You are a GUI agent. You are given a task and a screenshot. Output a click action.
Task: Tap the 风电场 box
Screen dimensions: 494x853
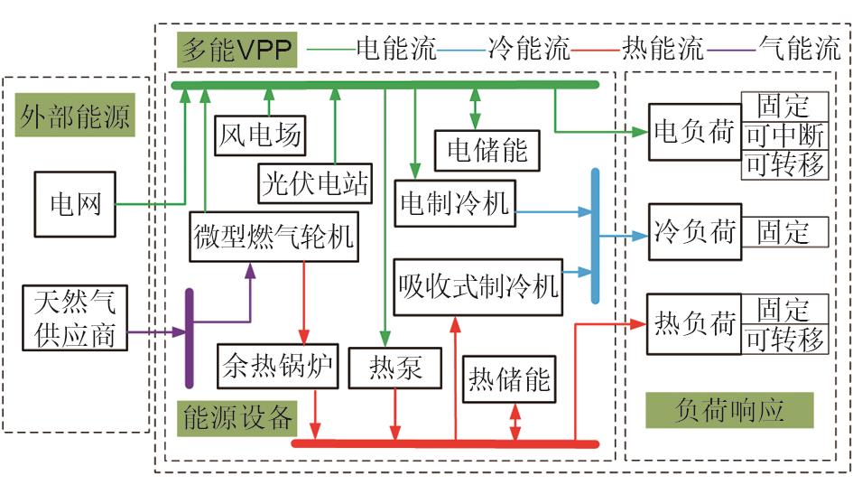tap(260, 137)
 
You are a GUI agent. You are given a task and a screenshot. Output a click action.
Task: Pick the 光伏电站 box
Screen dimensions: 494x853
tap(314, 183)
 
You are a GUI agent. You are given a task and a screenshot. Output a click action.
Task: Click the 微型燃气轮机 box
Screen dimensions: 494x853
tap(274, 238)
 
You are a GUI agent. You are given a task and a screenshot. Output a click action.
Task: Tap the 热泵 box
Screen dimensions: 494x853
tap(395, 368)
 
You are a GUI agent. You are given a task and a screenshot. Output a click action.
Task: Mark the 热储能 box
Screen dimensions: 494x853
tap(508, 378)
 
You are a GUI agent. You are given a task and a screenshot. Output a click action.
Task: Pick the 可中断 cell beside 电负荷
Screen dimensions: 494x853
tap(784, 135)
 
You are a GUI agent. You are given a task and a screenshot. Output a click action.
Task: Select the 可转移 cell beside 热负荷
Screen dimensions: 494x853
tap(784, 340)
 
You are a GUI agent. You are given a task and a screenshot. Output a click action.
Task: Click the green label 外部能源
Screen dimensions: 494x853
tap(76, 118)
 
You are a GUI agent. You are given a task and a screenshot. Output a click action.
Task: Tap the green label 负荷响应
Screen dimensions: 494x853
tap(729, 410)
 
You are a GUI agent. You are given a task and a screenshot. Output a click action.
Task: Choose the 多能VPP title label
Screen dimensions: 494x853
tap(236, 50)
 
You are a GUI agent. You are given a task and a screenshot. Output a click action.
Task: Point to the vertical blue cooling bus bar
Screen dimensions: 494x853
tap(596, 235)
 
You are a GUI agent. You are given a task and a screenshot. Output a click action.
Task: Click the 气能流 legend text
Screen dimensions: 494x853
tap(799, 49)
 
